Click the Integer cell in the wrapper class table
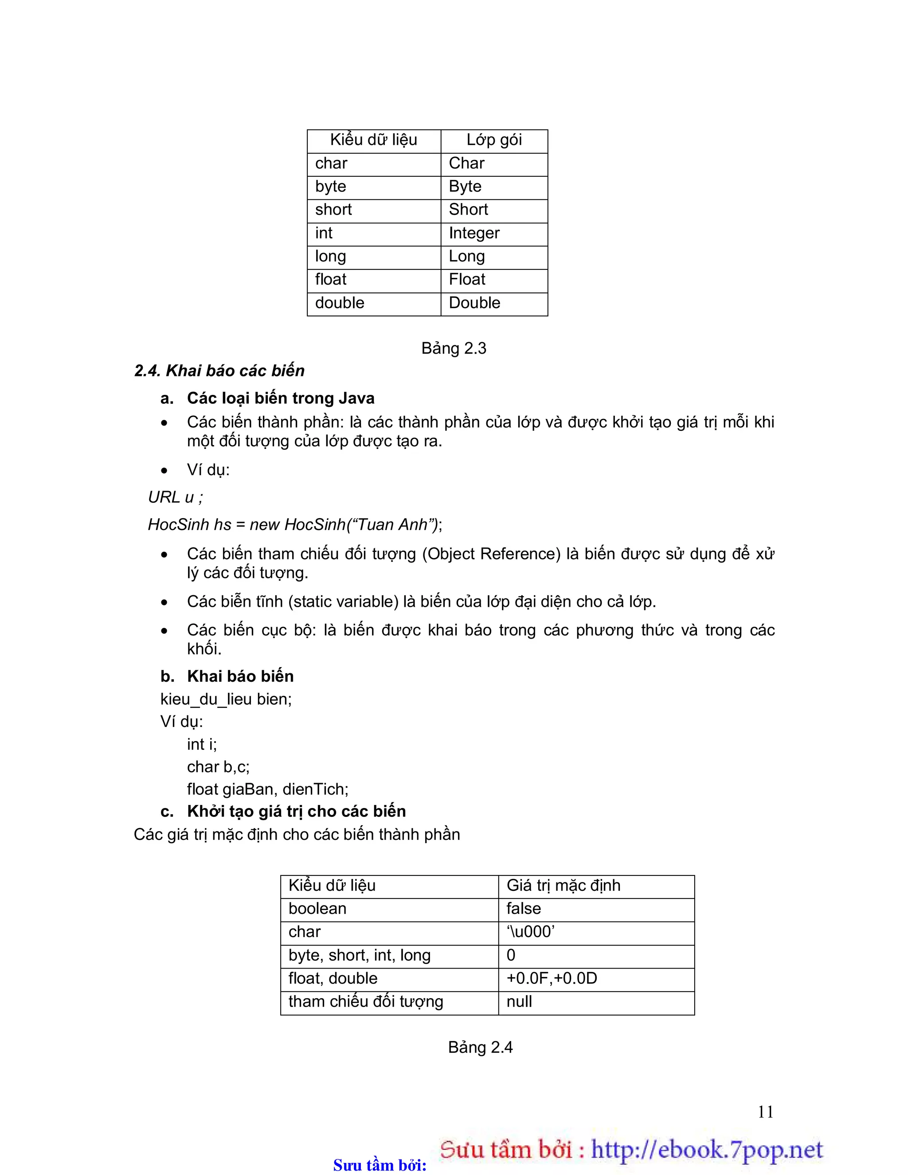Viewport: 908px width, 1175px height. point(474,233)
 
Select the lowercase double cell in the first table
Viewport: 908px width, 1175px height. point(340,303)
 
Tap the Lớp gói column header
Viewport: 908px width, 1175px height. point(493,140)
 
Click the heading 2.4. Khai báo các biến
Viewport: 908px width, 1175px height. point(219,371)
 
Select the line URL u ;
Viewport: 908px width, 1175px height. point(176,497)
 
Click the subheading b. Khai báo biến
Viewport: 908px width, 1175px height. point(227,676)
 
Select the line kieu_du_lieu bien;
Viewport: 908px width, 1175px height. point(226,699)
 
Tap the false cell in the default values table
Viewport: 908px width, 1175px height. point(523,908)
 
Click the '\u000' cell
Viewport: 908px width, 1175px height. point(530,931)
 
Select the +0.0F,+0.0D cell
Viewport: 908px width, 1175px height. point(551,978)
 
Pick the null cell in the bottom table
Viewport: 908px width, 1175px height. point(519,1001)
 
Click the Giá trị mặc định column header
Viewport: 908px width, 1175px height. point(563,885)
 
